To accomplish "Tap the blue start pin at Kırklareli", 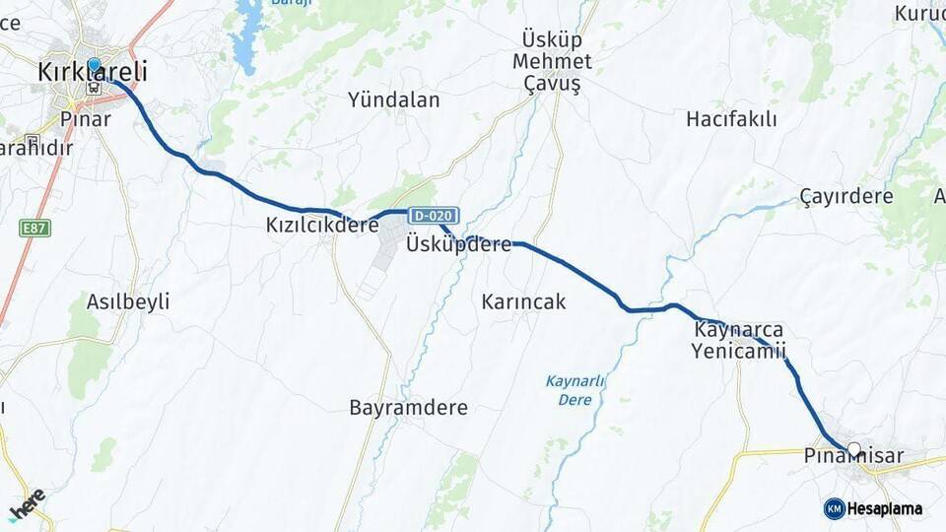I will click(x=94, y=66).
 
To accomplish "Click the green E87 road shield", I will click(x=35, y=229).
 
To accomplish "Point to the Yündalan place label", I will click(x=394, y=100).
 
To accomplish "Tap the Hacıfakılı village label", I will click(x=731, y=119).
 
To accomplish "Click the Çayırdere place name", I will click(x=846, y=196).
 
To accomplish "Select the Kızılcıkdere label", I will click(x=322, y=225).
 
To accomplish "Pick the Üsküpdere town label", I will click(x=459, y=244).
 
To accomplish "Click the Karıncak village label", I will click(x=524, y=301).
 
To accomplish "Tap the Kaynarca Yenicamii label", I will click(x=739, y=340).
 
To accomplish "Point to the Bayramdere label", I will click(x=409, y=407).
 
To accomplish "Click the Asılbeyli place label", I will click(x=128, y=301).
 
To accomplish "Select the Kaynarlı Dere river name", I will click(x=575, y=390).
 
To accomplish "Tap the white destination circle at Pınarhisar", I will click(x=853, y=449).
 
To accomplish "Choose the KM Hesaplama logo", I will click(x=873, y=508).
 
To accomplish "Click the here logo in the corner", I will click(x=27, y=503).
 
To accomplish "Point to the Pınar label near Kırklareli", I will click(x=85, y=118).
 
